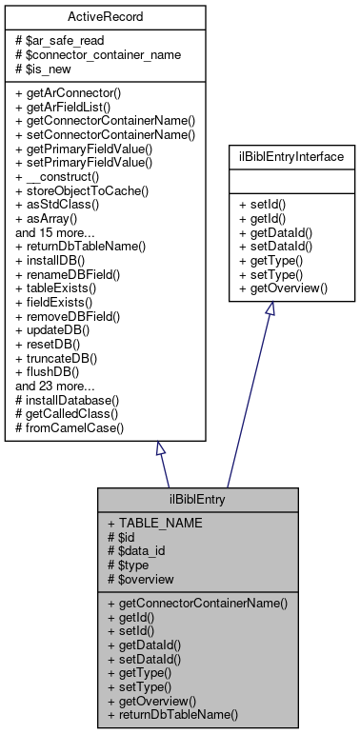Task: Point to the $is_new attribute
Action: [x=45, y=69]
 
